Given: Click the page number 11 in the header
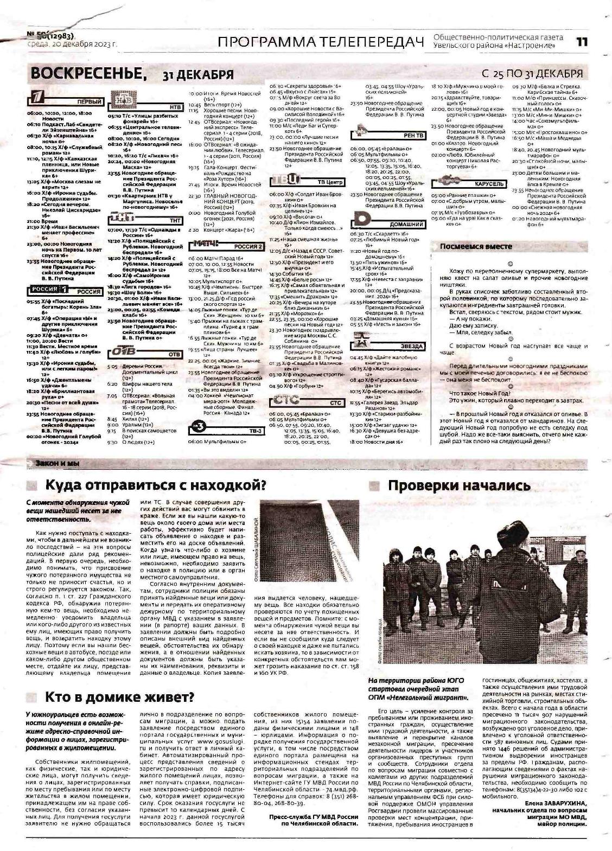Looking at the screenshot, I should (x=582, y=42).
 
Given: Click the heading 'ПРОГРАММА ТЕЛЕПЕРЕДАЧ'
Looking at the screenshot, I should (x=320, y=42).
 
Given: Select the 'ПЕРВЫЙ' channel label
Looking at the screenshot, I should (x=90, y=102).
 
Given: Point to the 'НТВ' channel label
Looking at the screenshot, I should (x=175, y=107).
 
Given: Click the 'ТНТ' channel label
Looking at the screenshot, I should (x=175, y=221).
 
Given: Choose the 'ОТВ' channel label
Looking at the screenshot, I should (x=174, y=354).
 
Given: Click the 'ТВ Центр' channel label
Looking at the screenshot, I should (x=330, y=182).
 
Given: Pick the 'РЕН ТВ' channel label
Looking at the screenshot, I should (x=413, y=135).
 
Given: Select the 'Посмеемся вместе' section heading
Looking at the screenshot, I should (x=476, y=246).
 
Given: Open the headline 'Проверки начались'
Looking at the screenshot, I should (x=458, y=485).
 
